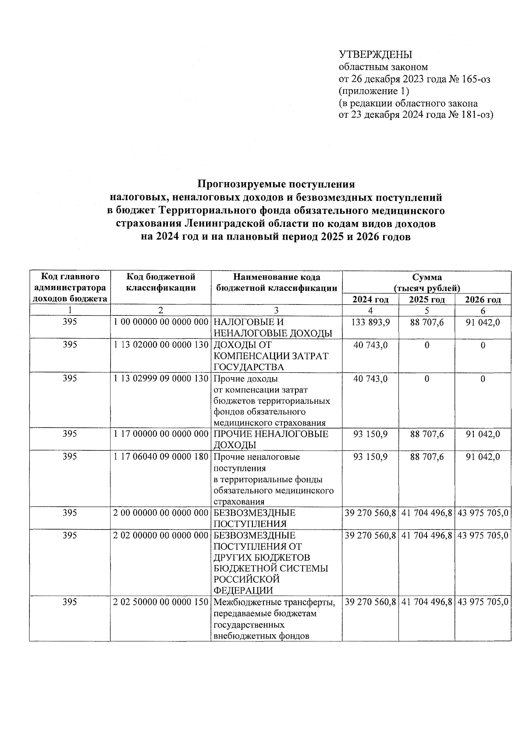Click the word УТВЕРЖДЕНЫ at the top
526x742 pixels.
pyautogui.click(x=376, y=55)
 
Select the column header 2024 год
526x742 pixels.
pyautogui.click(x=370, y=300)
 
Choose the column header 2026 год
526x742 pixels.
pyautogui.click(x=483, y=300)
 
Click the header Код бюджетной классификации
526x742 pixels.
pyautogui.click(x=160, y=283)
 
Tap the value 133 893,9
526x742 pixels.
pyautogui.click(x=370, y=322)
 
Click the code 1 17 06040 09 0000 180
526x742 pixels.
pyautogui.click(x=160, y=457)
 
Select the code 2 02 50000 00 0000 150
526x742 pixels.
pyautogui.click(x=160, y=602)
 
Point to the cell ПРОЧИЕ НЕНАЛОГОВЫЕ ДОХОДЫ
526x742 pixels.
pyautogui.click(x=270, y=439)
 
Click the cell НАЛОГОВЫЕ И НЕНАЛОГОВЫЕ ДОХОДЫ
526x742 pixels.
pyautogui.click(x=272, y=328)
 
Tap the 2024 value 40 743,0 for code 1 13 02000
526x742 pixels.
pyautogui.click(x=370, y=345)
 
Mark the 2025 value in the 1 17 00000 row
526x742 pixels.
pyautogui.click(x=426, y=434)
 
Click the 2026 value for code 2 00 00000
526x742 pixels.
pyautogui.click(x=483, y=513)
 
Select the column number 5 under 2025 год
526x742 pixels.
pyautogui.click(x=426, y=311)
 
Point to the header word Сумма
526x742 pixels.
pyautogui.click(x=426, y=277)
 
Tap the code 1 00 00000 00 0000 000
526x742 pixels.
pyautogui.click(x=160, y=322)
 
